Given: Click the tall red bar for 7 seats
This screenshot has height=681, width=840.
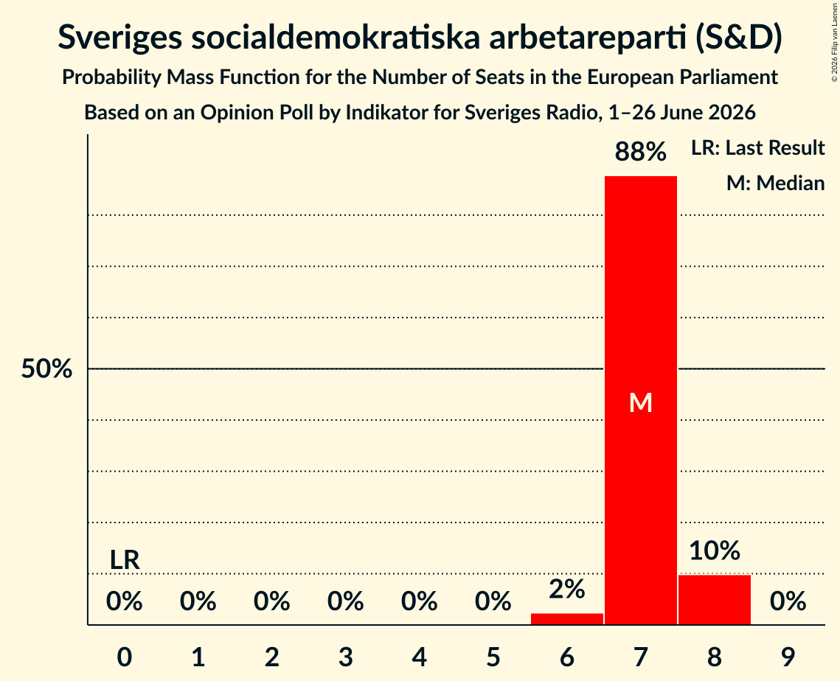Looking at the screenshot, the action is (641, 400).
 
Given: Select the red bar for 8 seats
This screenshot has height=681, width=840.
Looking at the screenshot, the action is (715, 600).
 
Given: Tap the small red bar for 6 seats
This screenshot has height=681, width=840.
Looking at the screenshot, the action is (567, 619).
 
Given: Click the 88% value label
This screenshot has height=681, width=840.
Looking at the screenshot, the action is (641, 152).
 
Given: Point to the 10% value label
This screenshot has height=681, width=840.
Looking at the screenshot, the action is (715, 551).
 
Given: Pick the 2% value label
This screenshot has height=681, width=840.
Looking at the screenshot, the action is (567, 589).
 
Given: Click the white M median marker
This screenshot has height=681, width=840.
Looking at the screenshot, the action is (641, 402).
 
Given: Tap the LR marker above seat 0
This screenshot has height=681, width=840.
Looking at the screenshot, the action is (125, 560).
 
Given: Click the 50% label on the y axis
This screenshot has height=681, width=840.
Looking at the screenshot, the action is (46, 369).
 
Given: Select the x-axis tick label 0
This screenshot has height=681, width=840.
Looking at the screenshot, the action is (125, 657).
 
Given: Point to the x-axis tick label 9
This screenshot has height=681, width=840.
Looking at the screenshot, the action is (788, 657).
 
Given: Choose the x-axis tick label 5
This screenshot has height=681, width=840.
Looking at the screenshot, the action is (493, 657).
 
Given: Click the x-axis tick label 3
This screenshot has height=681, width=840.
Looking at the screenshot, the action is (346, 657).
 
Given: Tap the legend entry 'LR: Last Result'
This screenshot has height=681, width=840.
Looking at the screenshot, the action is (757, 147).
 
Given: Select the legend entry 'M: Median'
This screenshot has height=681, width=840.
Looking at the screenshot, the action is (775, 183).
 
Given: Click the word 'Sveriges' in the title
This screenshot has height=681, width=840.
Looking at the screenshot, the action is (119, 38).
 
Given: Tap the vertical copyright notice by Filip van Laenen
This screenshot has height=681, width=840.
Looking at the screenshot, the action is (835, 42).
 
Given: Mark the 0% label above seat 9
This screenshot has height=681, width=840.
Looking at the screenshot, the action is (788, 601).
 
